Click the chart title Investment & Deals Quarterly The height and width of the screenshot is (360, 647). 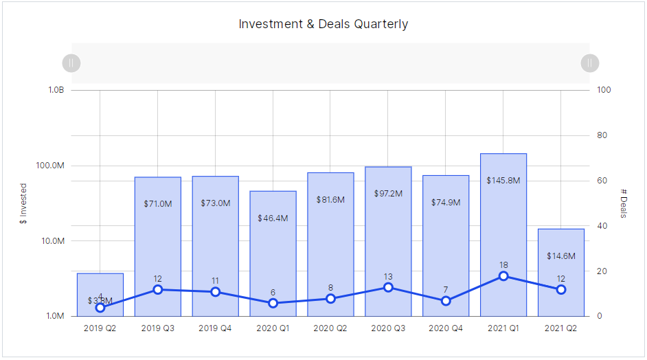point(323,24)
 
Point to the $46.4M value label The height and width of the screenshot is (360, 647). point(273,218)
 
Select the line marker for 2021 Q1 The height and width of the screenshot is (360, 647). point(503,276)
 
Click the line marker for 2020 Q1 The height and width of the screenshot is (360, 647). point(273,303)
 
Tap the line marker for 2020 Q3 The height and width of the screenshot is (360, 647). point(388,287)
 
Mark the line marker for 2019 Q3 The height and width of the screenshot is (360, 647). point(158,289)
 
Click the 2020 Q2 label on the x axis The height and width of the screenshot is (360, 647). point(330,328)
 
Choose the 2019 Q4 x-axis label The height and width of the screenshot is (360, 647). point(215,328)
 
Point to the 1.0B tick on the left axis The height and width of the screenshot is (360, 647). point(56,90)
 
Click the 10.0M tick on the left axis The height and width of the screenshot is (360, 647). point(52,241)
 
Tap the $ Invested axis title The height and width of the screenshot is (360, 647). point(23,203)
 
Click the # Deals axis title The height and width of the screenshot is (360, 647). point(624,203)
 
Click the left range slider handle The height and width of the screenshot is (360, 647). point(71,63)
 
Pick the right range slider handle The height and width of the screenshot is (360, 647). point(589,63)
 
